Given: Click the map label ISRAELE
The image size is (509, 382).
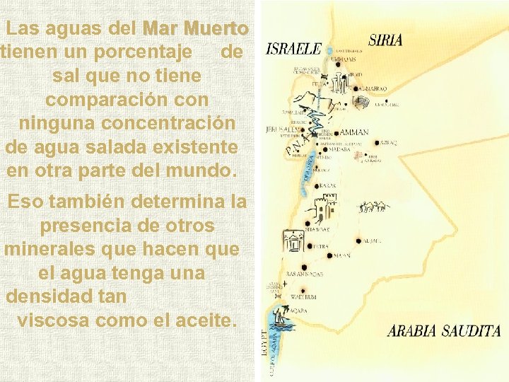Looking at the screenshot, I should pyautogui.click(x=293, y=50).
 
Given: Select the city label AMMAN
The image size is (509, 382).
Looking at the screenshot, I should pyautogui.click(x=354, y=132).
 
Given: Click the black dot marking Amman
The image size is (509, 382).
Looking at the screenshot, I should pyautogui.click(x=336, y=132).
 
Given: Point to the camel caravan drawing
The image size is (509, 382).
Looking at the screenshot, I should pyautogui.click(x=374, y=207).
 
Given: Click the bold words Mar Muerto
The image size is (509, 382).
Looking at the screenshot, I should pyautogui.click(x=195, y=29).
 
